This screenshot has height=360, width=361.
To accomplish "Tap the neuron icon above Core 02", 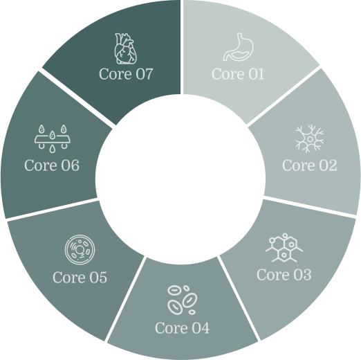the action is [310, 138].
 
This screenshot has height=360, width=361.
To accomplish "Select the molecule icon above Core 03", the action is [284, 248].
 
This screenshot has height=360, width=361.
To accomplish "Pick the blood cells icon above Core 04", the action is [182, 300].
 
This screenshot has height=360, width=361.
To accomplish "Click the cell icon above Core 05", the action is [80, 249].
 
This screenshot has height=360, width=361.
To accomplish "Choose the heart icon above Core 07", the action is [126, 48].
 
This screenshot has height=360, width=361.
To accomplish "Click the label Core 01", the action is [238, 74].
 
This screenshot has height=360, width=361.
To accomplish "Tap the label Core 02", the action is [310, 165].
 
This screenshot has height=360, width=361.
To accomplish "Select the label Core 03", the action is [284, 275].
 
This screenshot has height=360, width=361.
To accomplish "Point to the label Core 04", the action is [182, 327].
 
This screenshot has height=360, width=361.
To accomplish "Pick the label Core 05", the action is [80, 277].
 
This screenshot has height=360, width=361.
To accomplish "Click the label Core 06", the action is [52, 165].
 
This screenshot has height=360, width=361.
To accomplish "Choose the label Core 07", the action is [126, 74].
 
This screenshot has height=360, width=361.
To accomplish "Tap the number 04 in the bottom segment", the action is [201, 327].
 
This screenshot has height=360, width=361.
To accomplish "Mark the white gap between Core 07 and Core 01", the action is [182, 47].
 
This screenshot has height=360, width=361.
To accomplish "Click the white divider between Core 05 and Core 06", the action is [52, 210].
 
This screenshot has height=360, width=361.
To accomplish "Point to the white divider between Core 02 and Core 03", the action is [310, 206].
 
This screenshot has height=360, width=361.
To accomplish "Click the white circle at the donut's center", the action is [180, 179].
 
